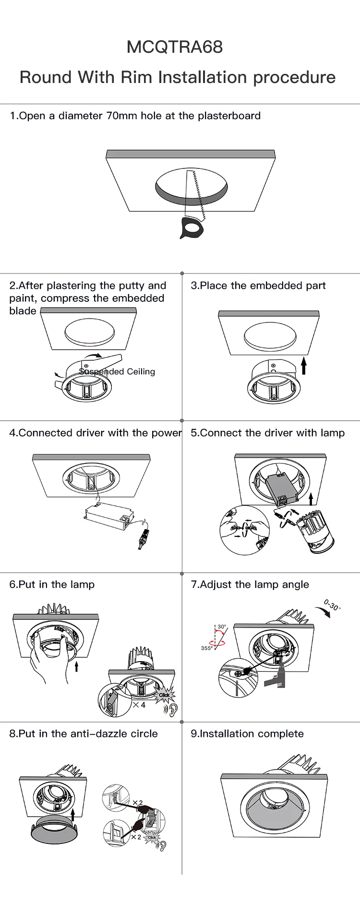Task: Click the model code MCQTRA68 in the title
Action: point(175,47)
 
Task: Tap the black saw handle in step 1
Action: point(192,227)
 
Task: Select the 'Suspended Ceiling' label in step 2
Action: point(118,372)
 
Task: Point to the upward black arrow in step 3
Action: point(304,366)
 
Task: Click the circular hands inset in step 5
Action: point(244,530)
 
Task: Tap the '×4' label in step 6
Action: point(139,705)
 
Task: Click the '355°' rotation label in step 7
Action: point(206,648)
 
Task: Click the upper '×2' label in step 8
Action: point(138,803)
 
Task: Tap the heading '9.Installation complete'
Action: point(247,734)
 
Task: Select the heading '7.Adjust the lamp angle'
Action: point(250,584)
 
